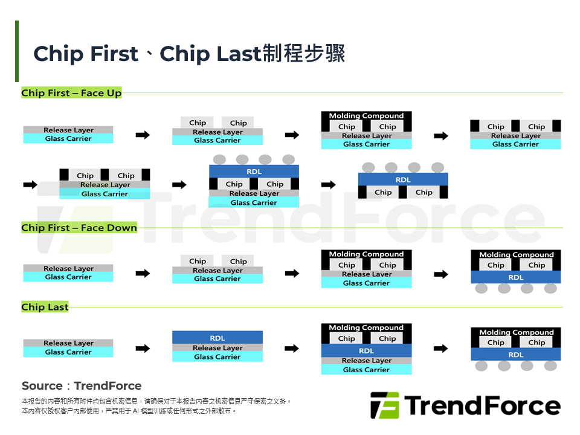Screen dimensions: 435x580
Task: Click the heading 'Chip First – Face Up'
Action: pos(71,93)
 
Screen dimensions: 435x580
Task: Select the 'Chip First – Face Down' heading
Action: pos(79,228)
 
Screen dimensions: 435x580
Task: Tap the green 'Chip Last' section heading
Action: pos(45,307)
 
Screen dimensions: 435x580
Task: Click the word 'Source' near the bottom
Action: pos(42,386)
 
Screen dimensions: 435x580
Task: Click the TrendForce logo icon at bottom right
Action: pos(384,405)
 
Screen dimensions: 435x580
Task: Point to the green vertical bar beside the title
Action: pos(17,51)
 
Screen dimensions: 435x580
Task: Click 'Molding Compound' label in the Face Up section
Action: pos(366,115)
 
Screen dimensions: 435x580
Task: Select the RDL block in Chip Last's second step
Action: pos(217,338)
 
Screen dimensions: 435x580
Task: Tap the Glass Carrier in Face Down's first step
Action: pos(68,277)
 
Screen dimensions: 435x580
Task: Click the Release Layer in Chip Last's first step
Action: pos(68,343)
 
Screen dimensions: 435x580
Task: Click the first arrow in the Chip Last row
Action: pos(143,349)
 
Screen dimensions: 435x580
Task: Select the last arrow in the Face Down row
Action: pos(441,274)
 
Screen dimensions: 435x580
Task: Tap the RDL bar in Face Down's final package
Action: pos(516,277)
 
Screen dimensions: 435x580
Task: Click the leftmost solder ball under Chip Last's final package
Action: pos(482,366)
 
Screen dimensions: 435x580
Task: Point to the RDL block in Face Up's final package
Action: pos(403,179)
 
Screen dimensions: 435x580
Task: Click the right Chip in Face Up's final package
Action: pos(424,192)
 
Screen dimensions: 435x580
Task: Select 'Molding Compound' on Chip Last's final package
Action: pos(516,332)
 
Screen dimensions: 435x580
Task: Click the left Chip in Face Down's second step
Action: pos(198,262)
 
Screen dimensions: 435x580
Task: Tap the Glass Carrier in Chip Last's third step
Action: pos(366,370)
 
